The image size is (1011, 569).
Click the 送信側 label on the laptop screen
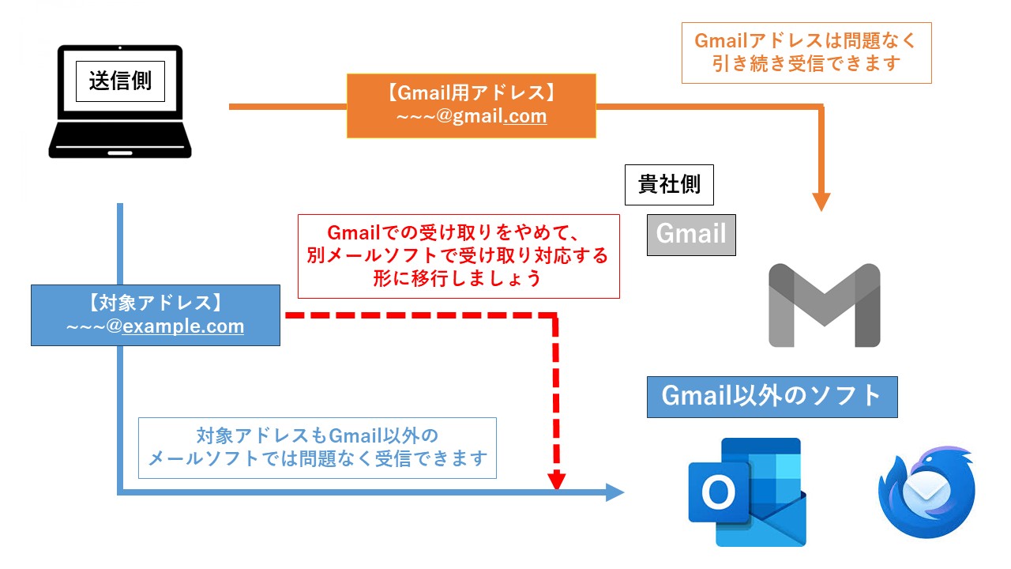pos(120,81)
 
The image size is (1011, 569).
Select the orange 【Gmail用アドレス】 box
pos(471,106)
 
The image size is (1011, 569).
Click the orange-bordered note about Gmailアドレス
pos(806,52)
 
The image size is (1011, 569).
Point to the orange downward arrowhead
pos(821,201)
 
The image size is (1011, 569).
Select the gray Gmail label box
pos(691,235)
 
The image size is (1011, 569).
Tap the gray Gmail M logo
pos(824,306)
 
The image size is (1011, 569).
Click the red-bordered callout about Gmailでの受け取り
pos(458,256)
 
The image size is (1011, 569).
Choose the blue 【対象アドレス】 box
pos(155,315)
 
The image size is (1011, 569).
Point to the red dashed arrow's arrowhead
pos(558,480)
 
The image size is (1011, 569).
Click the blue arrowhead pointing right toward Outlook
pos(614,493)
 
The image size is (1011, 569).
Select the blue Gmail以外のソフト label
pos(772,397)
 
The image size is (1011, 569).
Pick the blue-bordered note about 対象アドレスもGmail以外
pos(317,447)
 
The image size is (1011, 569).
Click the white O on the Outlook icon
pos(718,493)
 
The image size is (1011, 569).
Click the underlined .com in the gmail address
pos(524,117)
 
